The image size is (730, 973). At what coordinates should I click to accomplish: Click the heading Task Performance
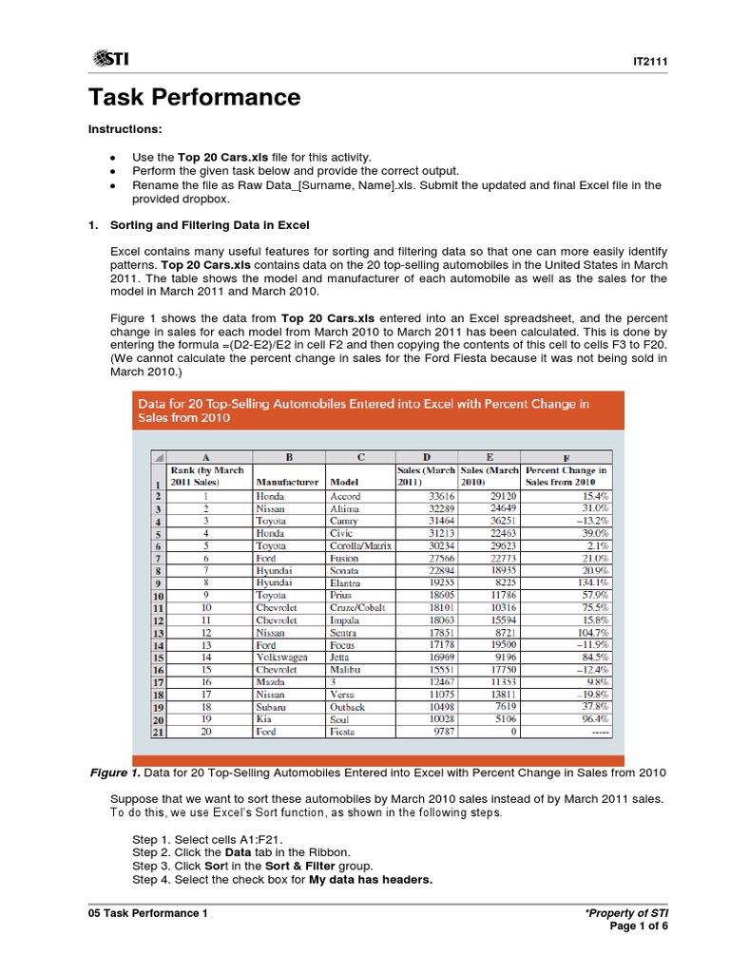194,97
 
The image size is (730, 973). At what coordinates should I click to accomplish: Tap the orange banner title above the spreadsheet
365,410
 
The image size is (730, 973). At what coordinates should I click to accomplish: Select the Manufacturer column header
287,482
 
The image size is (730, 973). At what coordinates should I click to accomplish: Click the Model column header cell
343,482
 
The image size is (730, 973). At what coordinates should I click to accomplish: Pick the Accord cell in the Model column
345,496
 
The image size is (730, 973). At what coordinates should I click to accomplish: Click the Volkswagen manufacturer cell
281,655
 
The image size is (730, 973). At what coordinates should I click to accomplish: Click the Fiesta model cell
343,732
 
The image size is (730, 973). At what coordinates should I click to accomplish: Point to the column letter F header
567,457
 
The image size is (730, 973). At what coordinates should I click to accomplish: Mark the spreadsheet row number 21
159,732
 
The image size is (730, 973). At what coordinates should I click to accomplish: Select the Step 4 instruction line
282,879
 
